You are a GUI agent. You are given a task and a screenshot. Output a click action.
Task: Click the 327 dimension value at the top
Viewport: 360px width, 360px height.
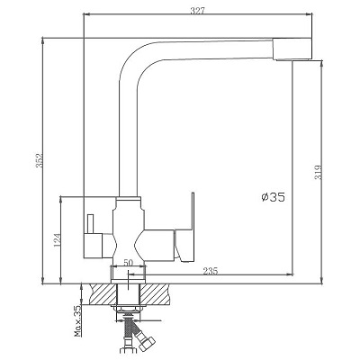tap(197, 11)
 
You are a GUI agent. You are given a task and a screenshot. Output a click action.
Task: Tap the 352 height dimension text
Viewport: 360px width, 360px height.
tap(40, 160)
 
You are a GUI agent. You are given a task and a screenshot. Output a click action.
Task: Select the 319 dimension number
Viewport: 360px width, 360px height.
tap(319, 173)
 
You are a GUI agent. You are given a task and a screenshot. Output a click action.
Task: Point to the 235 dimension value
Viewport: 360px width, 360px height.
tap(211, 271)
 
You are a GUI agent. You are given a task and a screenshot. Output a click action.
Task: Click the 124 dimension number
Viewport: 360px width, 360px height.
tap(58, 240)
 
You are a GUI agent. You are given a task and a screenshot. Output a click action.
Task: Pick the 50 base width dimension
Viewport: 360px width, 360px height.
tap(128, 262)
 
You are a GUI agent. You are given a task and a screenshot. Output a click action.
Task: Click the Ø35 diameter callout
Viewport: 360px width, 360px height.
tap(273, 197)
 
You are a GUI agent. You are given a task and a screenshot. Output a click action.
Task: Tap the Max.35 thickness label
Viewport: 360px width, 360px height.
tap(77, 320)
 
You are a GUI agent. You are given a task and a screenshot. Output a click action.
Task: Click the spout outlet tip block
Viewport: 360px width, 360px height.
tap(293, 49)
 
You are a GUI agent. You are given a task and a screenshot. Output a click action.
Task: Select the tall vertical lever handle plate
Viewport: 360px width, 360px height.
tap(193, 211)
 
